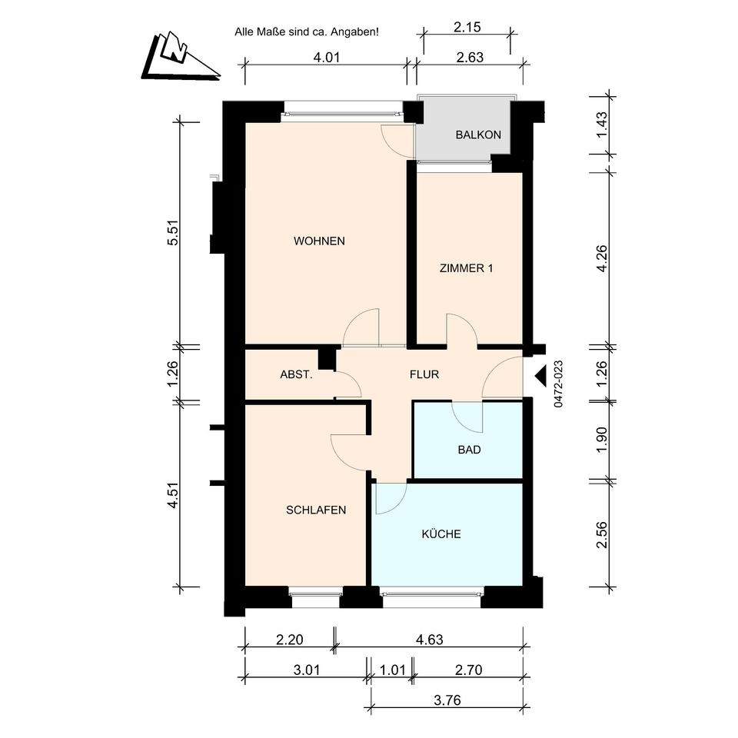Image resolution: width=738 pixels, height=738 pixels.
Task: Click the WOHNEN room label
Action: (319, 241)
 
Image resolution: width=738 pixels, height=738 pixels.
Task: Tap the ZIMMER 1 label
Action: (466, 268)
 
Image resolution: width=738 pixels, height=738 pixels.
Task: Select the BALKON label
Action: (478, 135)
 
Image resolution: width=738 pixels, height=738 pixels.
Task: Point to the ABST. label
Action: (296, 374)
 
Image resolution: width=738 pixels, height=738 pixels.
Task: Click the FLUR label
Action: (424, 374)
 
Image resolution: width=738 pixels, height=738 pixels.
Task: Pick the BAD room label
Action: (469, 450)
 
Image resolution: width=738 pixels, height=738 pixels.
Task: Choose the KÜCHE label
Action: (441, 534)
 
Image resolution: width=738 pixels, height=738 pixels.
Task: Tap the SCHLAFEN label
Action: (316, 510)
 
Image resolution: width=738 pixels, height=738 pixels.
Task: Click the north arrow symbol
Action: (180, 56)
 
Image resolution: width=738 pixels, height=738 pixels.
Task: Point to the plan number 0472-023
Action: (558, 384)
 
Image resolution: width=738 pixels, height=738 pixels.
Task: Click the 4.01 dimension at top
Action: (326, 58)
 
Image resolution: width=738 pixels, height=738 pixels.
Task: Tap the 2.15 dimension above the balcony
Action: (467, 28)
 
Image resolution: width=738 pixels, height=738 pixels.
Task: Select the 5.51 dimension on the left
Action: (173, 232)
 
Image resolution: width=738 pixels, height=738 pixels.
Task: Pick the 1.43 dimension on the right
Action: (602, 125)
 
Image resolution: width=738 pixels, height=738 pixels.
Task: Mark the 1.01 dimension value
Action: (392, 670)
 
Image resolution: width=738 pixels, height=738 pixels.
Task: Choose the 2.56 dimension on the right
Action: (602, 535)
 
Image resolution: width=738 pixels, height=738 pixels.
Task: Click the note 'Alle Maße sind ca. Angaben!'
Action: (307, 32)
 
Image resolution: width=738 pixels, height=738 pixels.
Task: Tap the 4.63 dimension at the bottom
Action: (429, 640)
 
